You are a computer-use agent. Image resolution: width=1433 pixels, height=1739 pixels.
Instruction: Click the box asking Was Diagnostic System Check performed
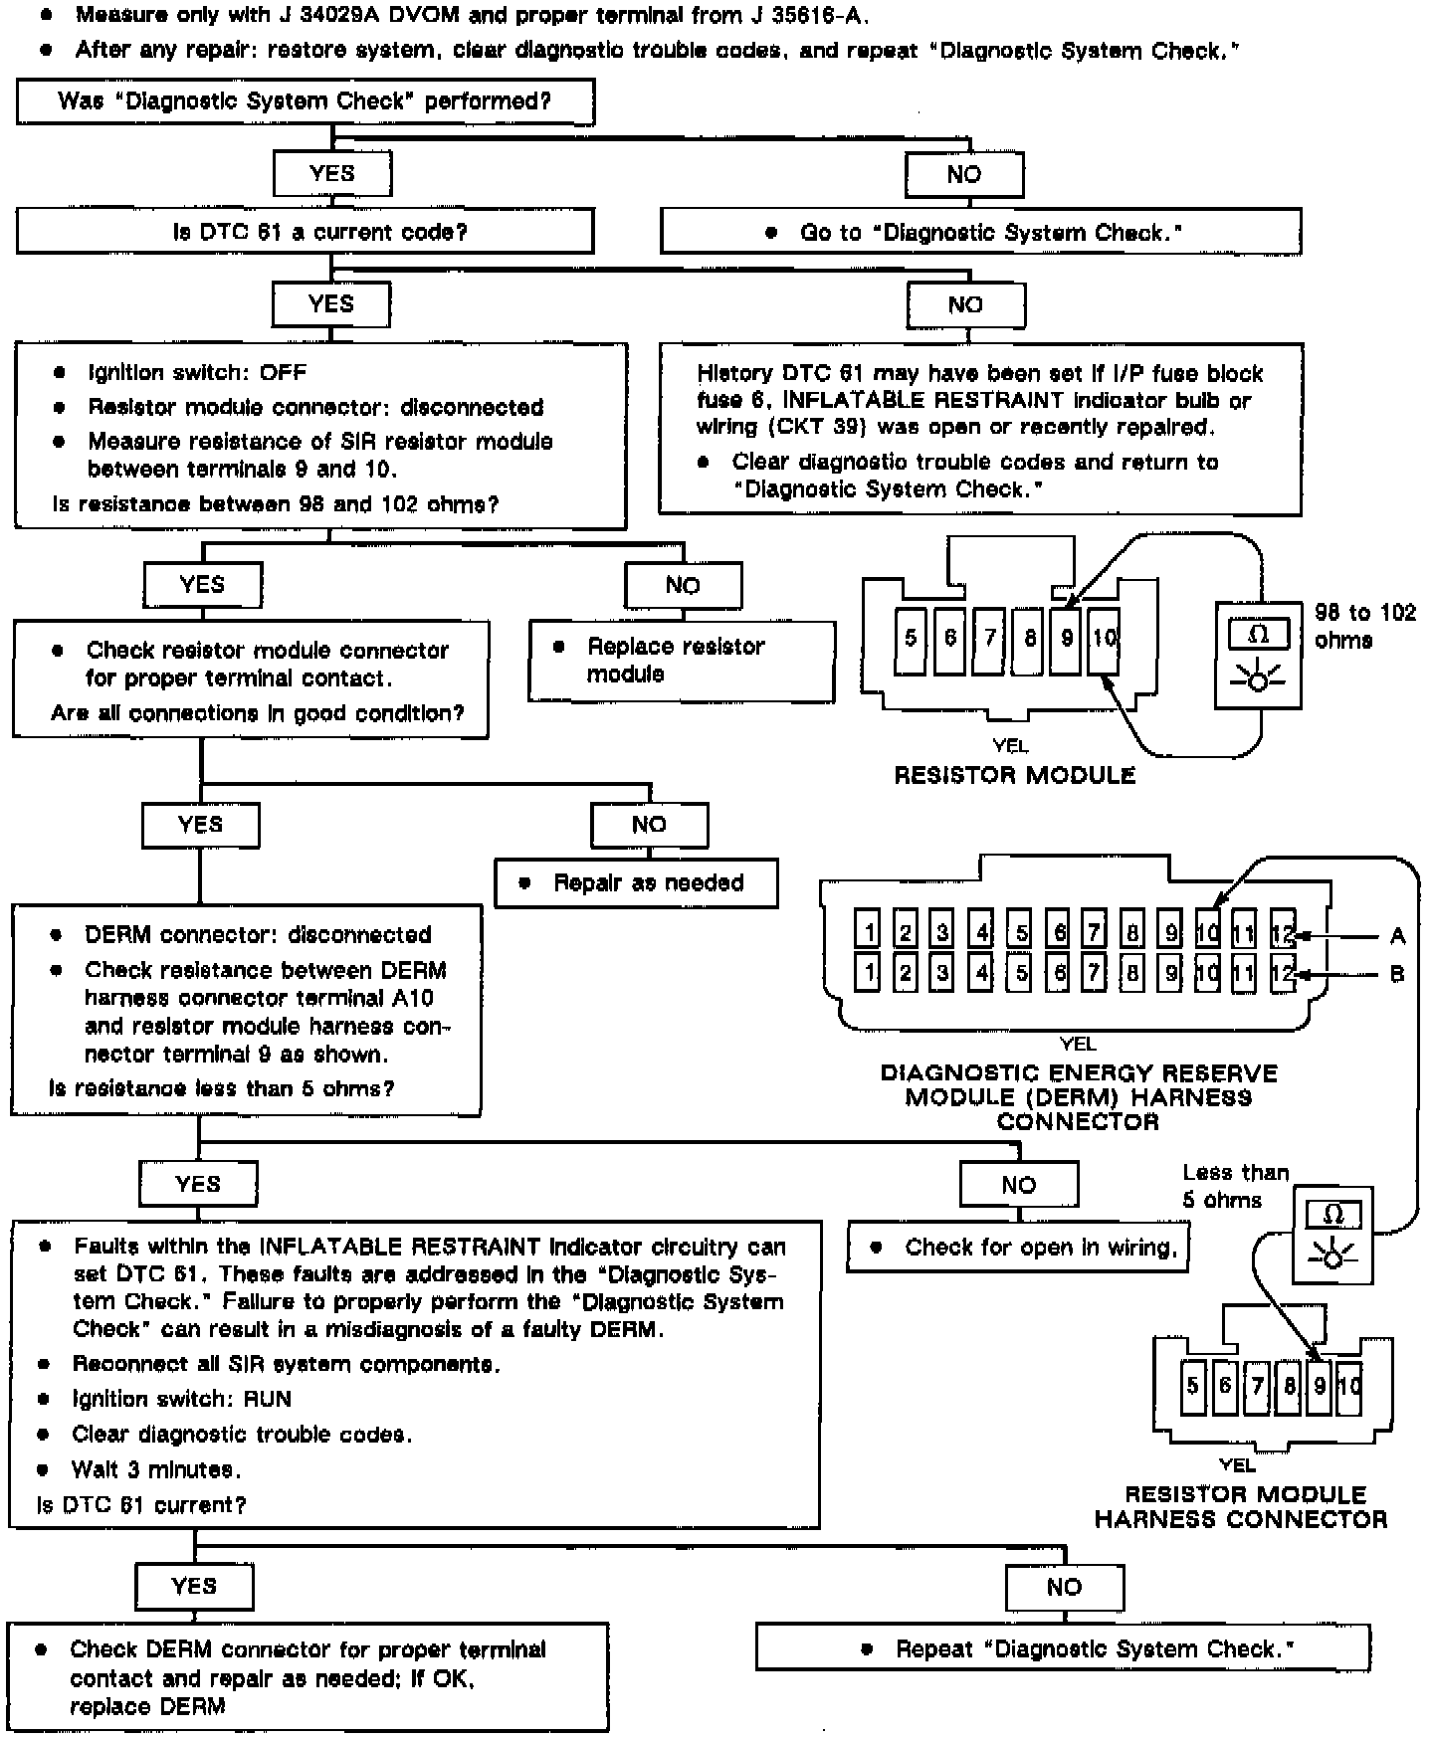305,101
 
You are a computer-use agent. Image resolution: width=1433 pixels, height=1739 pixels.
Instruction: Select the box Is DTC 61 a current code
305,232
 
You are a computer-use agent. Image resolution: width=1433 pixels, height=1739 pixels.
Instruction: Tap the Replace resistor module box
681,661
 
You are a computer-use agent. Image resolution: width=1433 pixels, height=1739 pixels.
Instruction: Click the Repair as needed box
636,882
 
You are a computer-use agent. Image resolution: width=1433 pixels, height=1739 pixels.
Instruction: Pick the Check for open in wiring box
1017,1248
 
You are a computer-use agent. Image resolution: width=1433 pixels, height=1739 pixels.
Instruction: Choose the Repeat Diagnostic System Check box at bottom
1063,1648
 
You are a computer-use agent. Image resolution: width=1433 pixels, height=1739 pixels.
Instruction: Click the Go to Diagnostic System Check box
980,232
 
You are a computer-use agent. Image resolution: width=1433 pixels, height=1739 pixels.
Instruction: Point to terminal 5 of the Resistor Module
911,638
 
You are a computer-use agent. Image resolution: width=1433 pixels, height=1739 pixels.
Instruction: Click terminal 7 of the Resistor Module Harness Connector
1258,1386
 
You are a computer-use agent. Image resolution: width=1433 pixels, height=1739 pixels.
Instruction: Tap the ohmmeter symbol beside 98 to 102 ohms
1258,656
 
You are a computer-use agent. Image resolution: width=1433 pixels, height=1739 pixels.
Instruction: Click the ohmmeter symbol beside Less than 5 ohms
1332,1235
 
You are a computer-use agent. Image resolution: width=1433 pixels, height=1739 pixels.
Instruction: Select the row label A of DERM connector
1397,936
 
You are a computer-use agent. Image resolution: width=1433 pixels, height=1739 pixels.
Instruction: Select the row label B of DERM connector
1397,974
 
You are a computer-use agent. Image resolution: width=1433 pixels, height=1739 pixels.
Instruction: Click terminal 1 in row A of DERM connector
868,932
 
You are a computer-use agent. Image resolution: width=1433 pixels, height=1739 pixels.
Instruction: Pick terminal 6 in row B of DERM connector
1058,972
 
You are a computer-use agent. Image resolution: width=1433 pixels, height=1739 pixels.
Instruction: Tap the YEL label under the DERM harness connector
1077,1044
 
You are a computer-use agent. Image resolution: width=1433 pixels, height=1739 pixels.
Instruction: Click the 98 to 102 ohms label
1364,626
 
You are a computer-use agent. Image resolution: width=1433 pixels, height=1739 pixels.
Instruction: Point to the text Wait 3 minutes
155,1469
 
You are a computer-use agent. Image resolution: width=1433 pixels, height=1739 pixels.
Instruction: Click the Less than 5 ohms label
1234,1186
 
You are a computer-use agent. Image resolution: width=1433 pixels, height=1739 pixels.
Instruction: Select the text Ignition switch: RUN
181,1399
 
